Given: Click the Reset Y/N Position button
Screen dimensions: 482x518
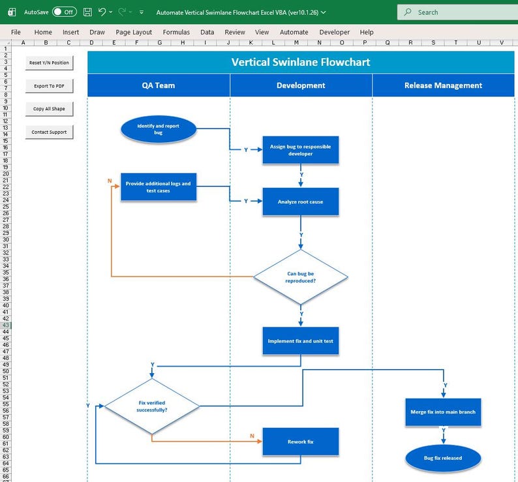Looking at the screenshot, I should coord(49,63).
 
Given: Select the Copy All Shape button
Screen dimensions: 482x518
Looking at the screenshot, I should coord(49,109).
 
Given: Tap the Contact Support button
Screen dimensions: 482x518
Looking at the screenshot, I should coord(49,132).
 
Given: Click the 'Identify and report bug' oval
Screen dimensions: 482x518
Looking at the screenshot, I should coord(159,129).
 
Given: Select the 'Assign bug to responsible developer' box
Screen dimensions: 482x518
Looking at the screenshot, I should coord(301,151).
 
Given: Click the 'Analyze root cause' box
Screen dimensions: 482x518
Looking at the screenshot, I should coord(301,202).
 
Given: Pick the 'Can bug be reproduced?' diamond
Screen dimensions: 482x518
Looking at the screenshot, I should coord(301,277).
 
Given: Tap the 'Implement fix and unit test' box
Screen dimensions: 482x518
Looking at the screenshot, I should coord(301,341).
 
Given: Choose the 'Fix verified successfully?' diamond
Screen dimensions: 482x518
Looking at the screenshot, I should coord(152,406).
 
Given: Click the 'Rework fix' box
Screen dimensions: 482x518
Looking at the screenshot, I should coord(301,442).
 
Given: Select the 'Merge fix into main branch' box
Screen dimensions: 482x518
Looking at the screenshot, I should coord(443,412).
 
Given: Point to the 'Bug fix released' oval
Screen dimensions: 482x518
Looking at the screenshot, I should coord(443,459).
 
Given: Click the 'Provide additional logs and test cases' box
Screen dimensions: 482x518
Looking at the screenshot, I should coord(159,187).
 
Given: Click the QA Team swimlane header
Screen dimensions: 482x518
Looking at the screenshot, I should coord(159,85).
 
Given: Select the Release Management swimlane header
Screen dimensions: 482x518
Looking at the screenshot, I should coord(443,85).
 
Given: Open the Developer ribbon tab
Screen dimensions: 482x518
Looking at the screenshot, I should coord(334,32).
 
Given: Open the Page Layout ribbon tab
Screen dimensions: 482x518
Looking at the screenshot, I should coord(134,32).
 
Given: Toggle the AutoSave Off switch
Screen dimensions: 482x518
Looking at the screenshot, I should coord(64,12).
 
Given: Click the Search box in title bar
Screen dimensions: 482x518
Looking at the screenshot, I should coord(457,12).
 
